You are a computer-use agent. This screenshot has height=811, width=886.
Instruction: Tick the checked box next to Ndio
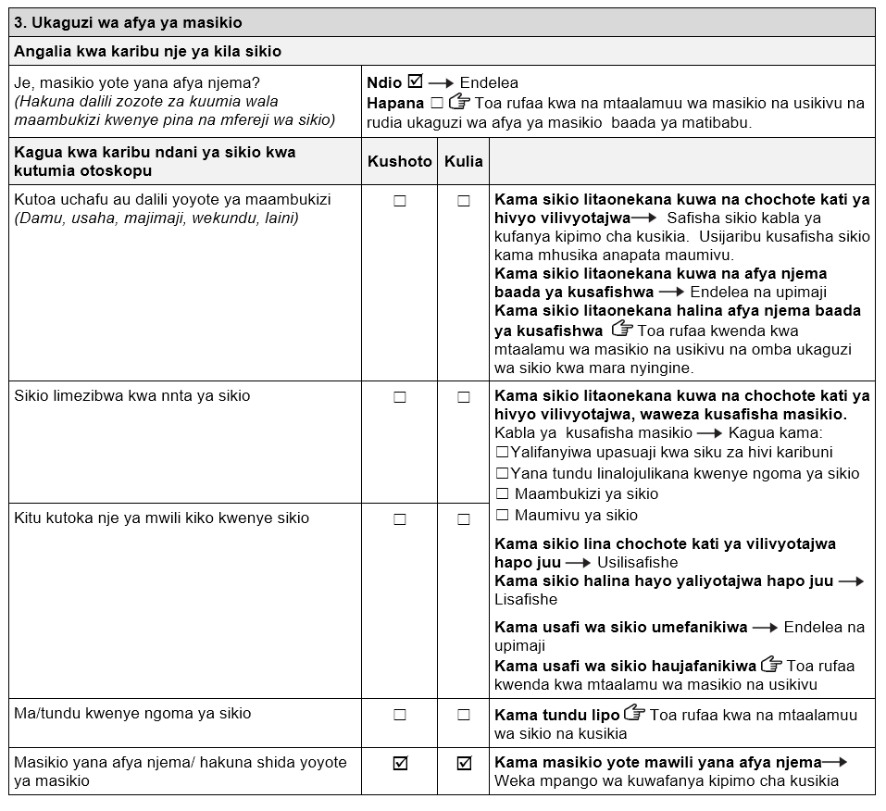415,81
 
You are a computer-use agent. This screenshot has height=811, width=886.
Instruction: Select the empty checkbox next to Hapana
437,103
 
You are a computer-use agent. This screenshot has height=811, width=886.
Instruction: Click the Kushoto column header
399,161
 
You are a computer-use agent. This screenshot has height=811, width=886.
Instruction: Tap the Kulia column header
463,161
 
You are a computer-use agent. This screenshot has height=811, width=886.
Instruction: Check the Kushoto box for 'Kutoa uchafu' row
400,201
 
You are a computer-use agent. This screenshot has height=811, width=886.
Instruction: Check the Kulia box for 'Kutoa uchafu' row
464,201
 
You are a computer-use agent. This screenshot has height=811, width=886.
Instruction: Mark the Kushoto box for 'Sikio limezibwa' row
400,397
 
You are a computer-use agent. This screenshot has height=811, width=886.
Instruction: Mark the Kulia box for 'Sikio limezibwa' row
464,397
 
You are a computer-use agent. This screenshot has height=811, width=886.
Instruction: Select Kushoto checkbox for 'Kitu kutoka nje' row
400,519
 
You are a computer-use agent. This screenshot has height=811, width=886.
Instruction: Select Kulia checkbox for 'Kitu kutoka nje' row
464,519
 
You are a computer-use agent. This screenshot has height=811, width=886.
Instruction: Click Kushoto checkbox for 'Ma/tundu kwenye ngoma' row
400,715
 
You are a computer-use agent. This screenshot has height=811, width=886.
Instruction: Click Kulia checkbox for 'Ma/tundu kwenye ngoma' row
464,715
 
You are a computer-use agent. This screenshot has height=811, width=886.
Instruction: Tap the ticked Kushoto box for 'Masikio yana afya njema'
400,764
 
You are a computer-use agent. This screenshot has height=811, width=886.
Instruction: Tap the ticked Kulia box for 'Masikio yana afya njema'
464,764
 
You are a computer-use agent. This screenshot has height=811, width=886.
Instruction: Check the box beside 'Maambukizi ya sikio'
502,493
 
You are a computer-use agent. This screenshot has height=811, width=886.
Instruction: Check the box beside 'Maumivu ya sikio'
502,515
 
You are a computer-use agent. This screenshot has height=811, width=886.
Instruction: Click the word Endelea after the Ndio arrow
489,82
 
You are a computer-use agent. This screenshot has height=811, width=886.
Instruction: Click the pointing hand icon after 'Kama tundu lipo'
634,714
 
